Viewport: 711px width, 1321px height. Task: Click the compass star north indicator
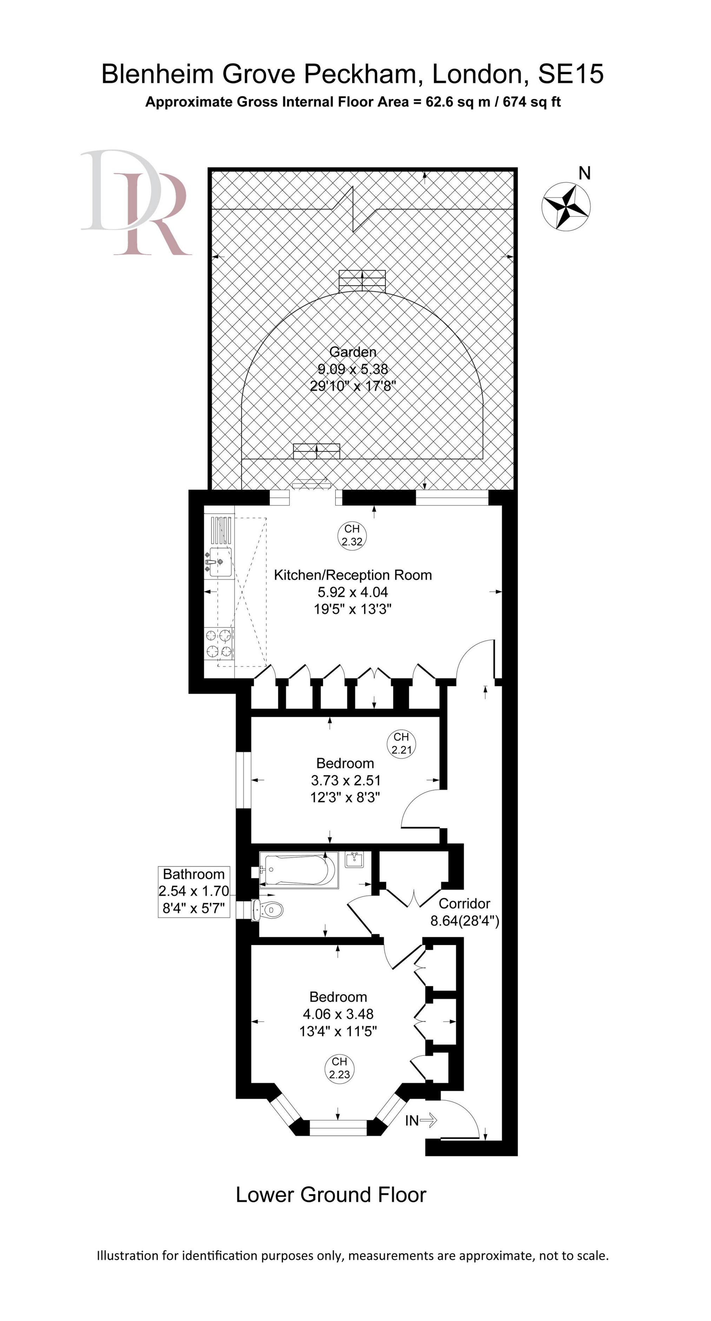[566, 206]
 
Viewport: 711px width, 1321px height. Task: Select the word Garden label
[353, 352]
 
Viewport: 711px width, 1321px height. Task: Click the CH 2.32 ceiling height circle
[352, 535]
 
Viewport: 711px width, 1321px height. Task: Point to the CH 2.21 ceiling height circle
[401, 743]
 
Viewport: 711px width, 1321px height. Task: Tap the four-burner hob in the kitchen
[219, 643]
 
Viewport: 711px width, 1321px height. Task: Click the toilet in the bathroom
[267, 910]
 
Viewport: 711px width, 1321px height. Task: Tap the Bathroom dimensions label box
[194, 892]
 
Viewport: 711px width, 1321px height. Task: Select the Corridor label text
[465, 904]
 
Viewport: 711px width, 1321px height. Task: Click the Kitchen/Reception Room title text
[353, 575]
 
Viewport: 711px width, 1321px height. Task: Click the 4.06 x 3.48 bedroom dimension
[338, 1014]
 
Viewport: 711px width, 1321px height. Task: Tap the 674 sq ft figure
[532, 102]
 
